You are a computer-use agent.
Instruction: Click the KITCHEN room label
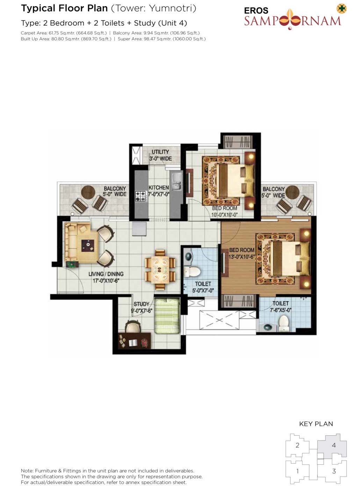coord(159,188)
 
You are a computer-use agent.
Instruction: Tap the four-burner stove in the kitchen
coord(140,196)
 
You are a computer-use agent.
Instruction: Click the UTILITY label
coord(160,152)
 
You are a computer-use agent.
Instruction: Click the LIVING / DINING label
coord(106,274)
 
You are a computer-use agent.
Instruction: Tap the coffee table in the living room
coord(88,246)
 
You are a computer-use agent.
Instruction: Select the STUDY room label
coord(142,304)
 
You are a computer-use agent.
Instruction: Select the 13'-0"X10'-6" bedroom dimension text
coord(242,256)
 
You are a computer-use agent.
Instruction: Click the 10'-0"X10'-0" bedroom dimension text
coord(224,215)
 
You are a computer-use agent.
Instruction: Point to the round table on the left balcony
coord(88,193)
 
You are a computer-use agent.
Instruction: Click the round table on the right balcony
coord(292,193)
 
